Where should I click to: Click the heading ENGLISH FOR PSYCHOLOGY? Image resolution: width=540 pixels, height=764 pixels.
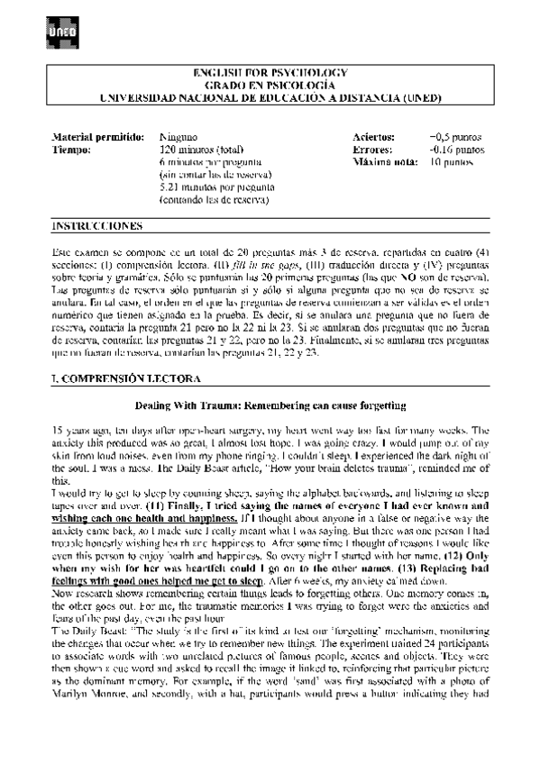pos(270,71)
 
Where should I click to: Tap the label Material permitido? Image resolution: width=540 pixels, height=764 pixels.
pos(97,137)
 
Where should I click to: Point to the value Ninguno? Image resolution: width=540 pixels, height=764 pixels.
pos(177,137)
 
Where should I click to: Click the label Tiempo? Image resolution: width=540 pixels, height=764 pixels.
pos(72,150)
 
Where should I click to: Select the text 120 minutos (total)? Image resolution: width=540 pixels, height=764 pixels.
pos(201,150)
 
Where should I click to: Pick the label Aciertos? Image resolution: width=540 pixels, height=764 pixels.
pos(374,137)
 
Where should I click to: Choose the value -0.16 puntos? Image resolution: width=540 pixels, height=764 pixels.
pos(458,150)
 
